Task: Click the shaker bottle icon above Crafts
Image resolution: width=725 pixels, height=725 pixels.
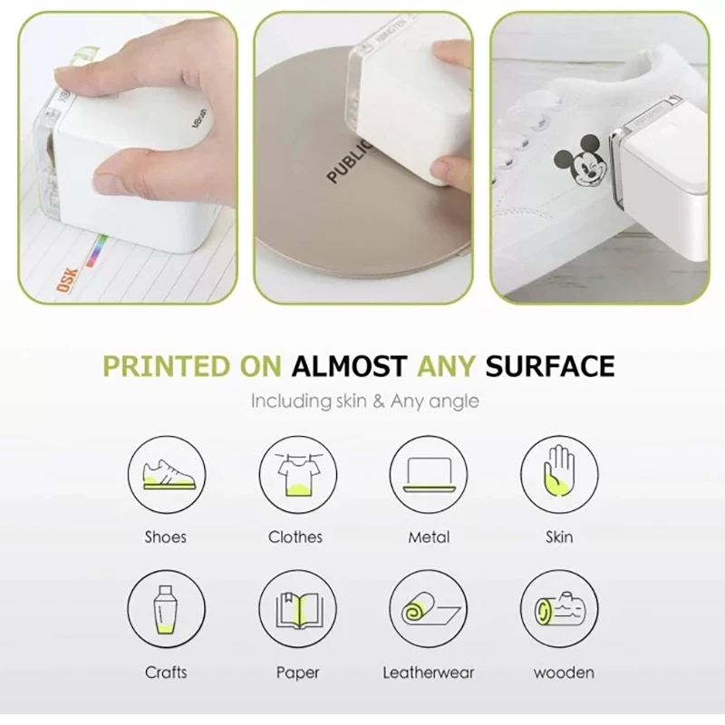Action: pyautogui.click(x=167, y=608)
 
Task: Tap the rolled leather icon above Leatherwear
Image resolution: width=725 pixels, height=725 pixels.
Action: pyautogui.click(x=428, y=608)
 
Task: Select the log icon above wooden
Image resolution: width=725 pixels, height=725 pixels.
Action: pyautogui.click(x=558, y=608)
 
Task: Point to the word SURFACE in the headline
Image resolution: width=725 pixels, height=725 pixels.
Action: pyautogui.click(x=549, y=366)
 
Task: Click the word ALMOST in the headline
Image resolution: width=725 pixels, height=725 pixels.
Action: pyautogui.click(x=348, y=366)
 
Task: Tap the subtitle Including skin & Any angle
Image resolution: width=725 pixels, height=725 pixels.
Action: pyautogui.click(x=364, y=400)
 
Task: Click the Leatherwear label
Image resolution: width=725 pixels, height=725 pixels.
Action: pyautogui.click(x=428, y=672)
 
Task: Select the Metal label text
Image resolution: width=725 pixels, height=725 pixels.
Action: pyautogui.click(x=428, y=537)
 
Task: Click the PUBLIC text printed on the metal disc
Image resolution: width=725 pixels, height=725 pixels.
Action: pyautogui.click(x=349, y=159)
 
